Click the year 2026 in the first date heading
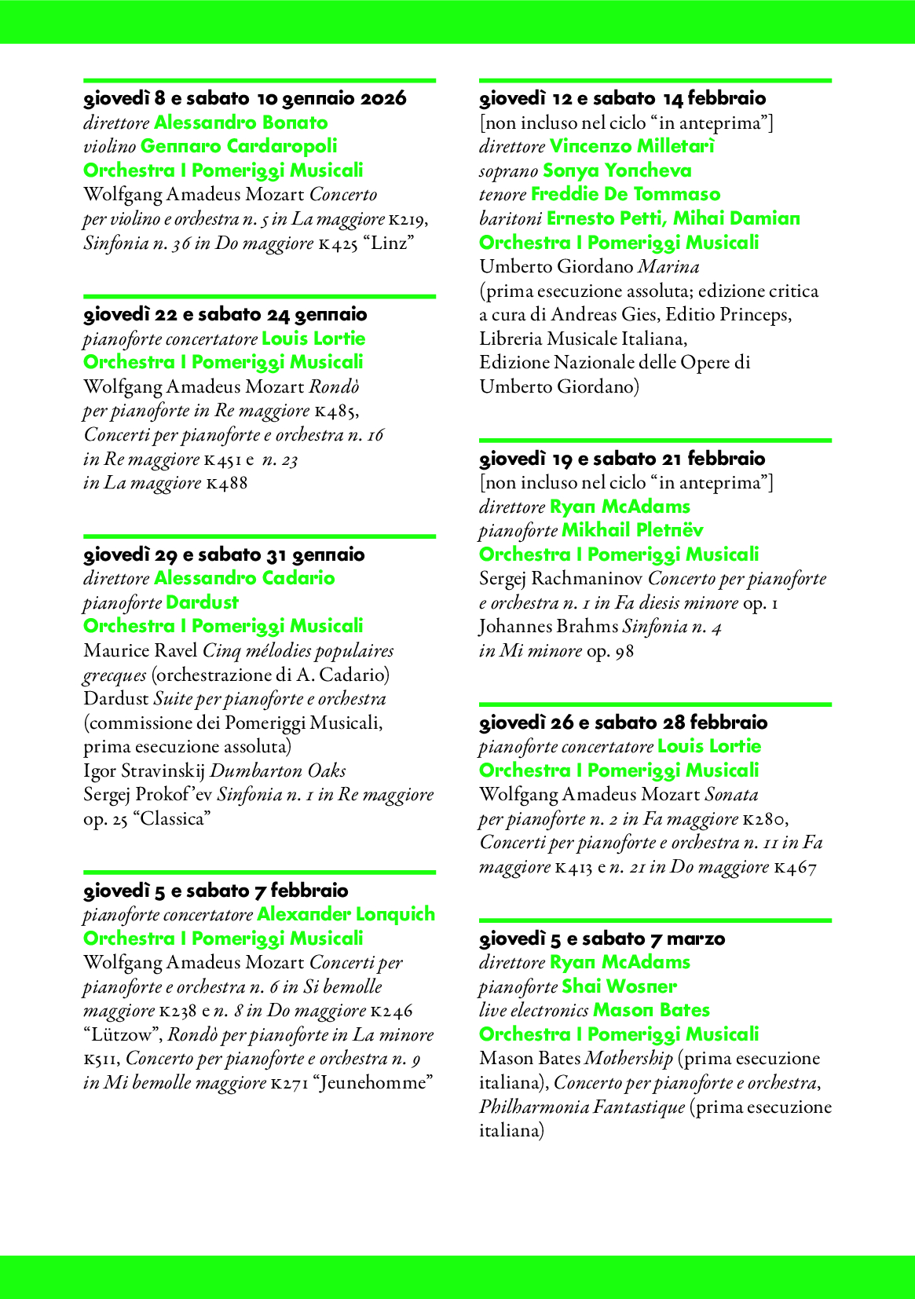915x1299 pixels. (x=383, y=99)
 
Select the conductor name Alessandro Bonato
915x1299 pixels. (x=241, y=123)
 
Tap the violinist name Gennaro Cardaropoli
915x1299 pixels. (x=239, y=146)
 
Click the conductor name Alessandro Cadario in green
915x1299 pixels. (x=244, y=578)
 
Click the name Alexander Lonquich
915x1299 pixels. (x=346, y=914)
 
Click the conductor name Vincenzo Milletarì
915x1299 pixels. (x=631, y=146)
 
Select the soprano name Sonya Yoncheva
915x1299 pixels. (x=617, y=170)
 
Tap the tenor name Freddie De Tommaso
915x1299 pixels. (x=625, y=194)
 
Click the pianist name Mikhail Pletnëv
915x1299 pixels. (x=632, y=530)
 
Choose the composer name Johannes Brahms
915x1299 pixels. (x=548, y=626)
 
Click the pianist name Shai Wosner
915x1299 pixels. (x=619, y=986)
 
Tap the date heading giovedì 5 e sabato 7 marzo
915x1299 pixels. (x=602, y=939)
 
